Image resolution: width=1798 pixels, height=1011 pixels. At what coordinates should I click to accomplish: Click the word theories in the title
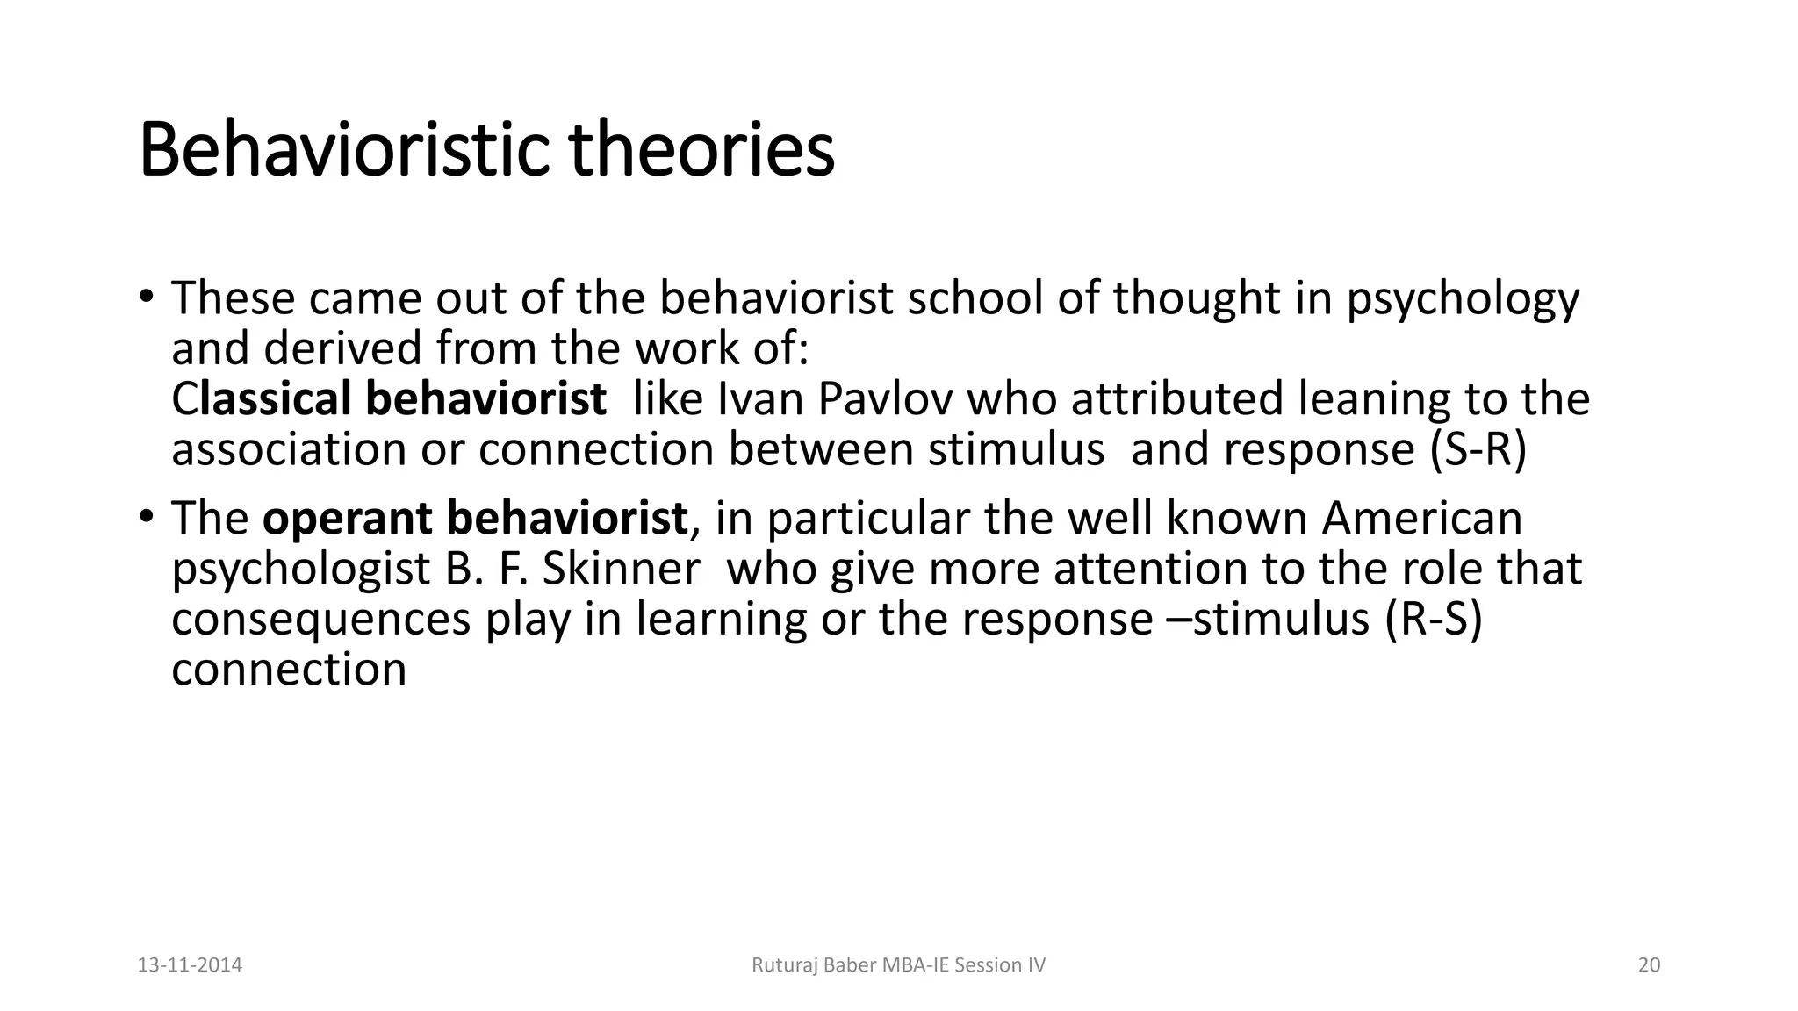click(x=701, y=150)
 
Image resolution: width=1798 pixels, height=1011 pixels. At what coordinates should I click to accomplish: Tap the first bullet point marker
click(x=147, y=295)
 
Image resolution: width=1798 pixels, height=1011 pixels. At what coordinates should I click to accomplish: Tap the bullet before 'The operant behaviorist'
click(x=147, y=515)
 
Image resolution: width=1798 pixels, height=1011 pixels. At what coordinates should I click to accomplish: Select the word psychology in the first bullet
click(x=1463, y=299)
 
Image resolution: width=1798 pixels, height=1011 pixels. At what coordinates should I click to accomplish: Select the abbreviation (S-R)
click(x=1478, y=449)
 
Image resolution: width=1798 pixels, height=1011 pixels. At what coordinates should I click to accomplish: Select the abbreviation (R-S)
click(x=1434, y=619)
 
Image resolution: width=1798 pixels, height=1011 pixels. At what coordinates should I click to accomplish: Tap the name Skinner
click(x=620, y=569)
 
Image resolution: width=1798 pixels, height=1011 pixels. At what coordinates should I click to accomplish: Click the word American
click(x=1421, y=518)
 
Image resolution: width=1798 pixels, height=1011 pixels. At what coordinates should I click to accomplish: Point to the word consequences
click(x=321, y=619)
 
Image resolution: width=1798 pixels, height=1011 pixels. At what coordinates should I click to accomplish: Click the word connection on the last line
click(x=289, y=670)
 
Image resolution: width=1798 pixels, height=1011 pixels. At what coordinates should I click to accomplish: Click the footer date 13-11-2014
click(x=191, y=965)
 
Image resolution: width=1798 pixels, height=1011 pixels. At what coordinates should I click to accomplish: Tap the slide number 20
click(x=1649, y=965)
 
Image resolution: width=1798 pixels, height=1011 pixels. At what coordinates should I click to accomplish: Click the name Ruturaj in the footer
click(x=783, y=965)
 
